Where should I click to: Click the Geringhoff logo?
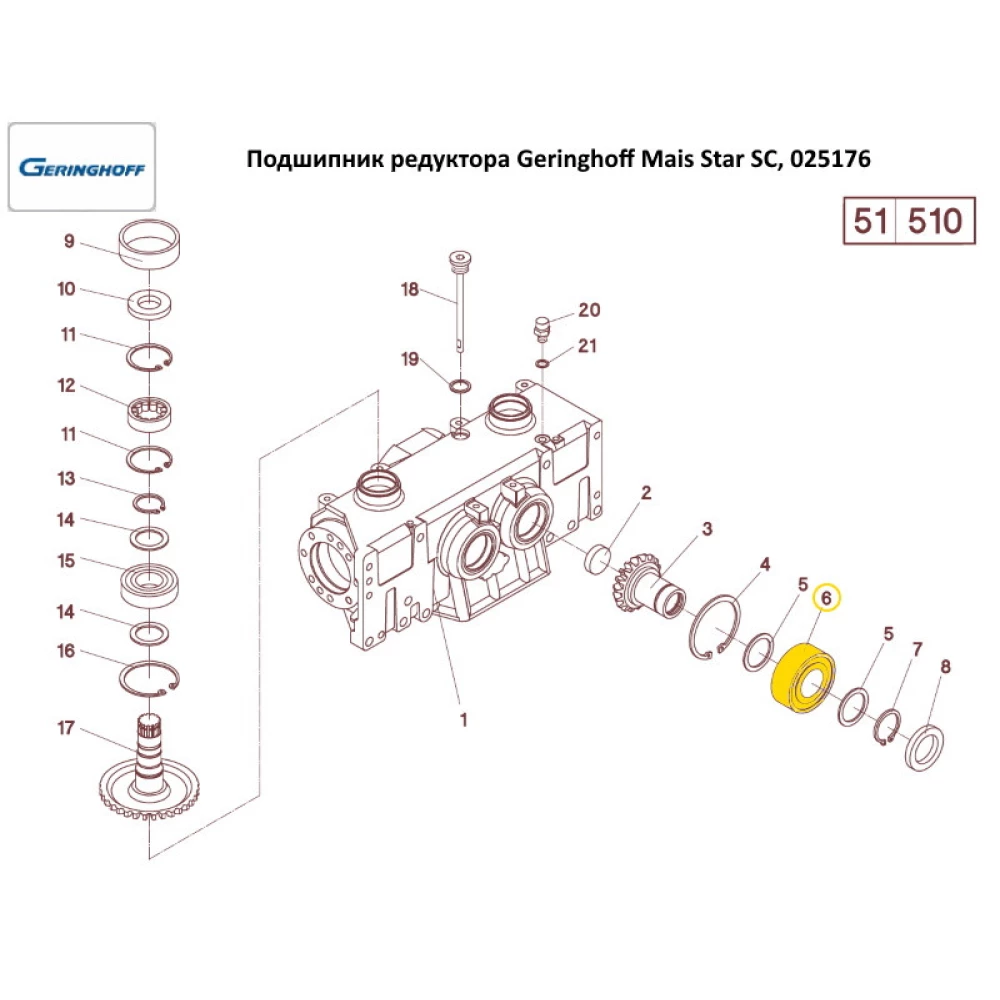click(x=82, y=167)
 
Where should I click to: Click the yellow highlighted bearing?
click(x=802, y=678)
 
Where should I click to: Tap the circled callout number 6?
click(x=827, y=598)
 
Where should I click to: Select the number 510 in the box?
click(x=934, y=221)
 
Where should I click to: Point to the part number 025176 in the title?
click(x=830, y=159)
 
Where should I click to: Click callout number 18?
click(x=409, y=290)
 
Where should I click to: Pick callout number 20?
click(x=589, y=310)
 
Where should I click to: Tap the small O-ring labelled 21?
click(x=543, y=364)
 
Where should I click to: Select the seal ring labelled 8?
click(x=925, y=746)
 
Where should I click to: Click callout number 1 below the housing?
click(x=464, y=720)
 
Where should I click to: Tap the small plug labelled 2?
click(x=598, y=559)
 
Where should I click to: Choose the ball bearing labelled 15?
click(x=150, y=584)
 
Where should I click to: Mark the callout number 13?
click(x=66, y=478)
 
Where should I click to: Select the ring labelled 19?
click(x=460, y=386)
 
